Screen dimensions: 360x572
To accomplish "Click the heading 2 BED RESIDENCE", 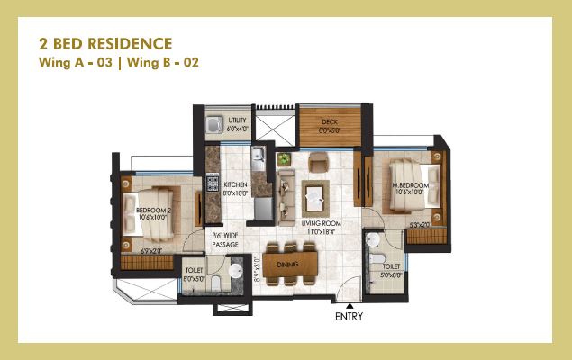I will (x=104, y=43).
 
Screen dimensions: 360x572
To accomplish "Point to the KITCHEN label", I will (x=236, y=186).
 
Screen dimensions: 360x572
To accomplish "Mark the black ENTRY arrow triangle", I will (x=350, y=307).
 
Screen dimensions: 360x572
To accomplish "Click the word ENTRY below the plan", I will (x=350, y=317).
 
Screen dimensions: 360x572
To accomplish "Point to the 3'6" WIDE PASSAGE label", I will (x=224, y=240).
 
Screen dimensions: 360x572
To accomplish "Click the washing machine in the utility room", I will (x=213, y=125).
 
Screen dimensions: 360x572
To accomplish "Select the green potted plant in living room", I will (x=285, y=159).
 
